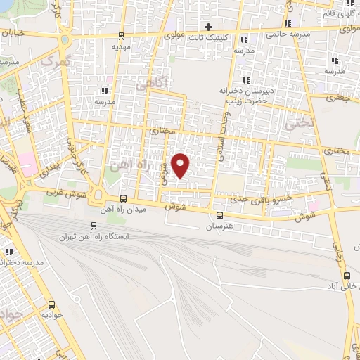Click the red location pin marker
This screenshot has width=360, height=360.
[x=181, y=165]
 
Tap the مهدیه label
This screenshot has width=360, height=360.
[x=122, y=46]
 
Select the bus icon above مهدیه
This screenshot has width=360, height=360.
[x=122, y=36]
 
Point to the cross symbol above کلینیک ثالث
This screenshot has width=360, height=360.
[x=207, y=27]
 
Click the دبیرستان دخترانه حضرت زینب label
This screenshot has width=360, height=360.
[x=244, y=95]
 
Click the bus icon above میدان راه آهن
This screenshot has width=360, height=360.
[x=124, y=198]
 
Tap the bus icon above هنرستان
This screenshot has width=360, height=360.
[x=220, y=216]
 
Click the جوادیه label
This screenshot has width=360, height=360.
[x=51, y=316]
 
